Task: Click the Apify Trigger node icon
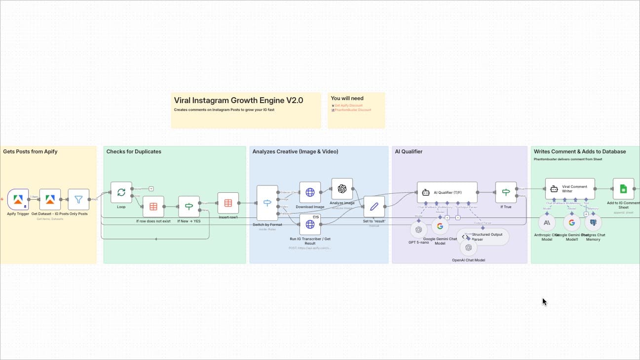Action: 18,200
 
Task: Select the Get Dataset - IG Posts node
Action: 50,200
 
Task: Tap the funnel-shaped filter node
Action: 78,200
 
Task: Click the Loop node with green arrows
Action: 121,192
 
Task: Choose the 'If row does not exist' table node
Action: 153,207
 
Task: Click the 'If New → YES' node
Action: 188,207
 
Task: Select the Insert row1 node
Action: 228,203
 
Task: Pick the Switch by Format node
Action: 267,203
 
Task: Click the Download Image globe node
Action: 310,192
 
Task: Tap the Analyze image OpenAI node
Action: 342,189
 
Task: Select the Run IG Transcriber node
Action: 310,224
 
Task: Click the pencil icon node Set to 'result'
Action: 374,207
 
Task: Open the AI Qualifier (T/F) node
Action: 447,192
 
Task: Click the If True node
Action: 506,192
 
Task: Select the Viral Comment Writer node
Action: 570,189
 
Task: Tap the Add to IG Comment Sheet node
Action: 623,189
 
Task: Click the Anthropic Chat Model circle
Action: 547,223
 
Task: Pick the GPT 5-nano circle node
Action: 418,229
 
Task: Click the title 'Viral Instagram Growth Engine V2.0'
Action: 238,101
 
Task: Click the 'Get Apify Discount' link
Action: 348,106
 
